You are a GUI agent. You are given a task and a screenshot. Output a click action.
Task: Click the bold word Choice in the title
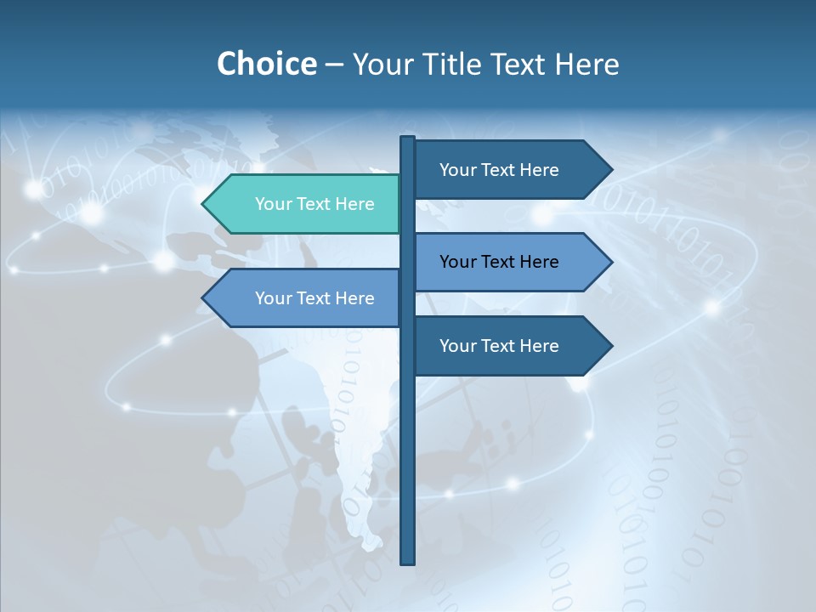(266, 64)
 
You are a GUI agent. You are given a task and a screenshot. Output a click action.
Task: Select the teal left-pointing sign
(306, 204)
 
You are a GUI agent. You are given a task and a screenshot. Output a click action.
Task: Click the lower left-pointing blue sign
(306, 298)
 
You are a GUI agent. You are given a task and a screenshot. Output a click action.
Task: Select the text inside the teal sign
(314, 204)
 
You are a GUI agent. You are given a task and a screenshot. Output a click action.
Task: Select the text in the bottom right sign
(499, 346)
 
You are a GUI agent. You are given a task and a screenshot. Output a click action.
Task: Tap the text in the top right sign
(499, 170)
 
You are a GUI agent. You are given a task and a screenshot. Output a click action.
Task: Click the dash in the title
(334, 65)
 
